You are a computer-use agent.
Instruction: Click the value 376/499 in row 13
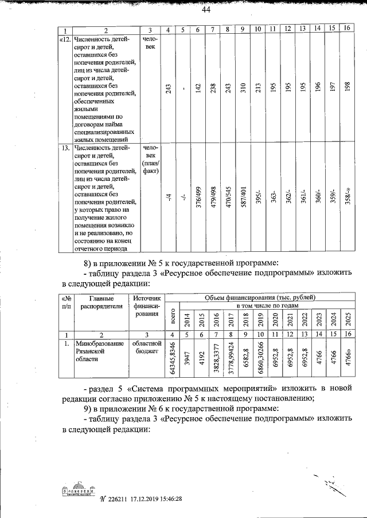pyautogui.click(x=198, y=198)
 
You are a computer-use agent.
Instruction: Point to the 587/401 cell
pyautogui.click(x=243, y=198)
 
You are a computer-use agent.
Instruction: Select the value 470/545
pyautogui.click(x=228, y=198)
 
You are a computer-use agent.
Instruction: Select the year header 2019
pyautogui.click(x=259, y=318)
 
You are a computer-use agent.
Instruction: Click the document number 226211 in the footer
pyautogui.click(x=116, y=499)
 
